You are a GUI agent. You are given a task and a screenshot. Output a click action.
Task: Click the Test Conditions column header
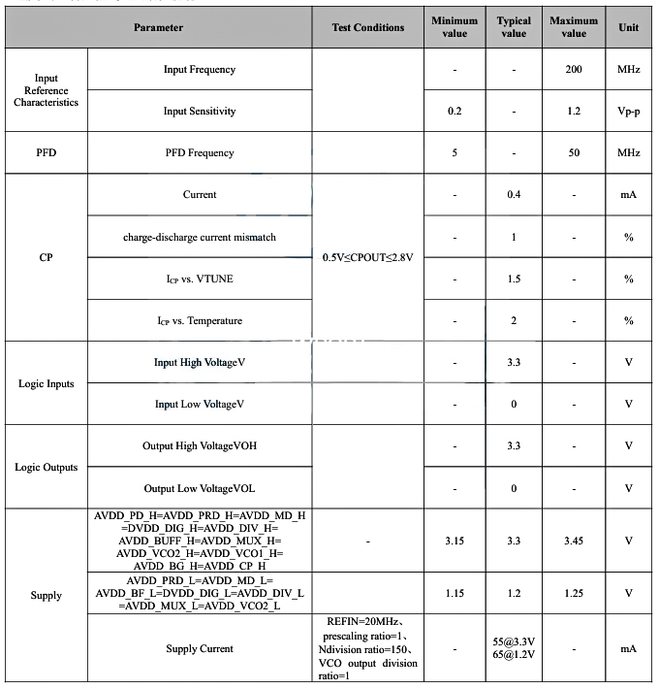pos(367,27)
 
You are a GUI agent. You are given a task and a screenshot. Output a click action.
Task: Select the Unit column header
pos(628,27)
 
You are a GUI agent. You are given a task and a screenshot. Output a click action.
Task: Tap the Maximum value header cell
pos(574,27)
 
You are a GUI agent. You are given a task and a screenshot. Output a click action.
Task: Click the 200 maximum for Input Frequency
pos(574,70)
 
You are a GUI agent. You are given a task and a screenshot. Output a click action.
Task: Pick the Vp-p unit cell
pos(628,112)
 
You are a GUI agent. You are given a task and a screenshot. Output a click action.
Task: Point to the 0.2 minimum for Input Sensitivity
pos(455,112)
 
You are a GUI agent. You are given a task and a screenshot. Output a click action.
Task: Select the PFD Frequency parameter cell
pos(199,152)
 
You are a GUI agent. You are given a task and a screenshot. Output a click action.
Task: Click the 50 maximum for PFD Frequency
pos(574,152)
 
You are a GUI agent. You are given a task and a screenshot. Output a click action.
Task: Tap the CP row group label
pos(47,257)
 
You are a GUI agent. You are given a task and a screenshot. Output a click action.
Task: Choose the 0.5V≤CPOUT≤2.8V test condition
pos(367,257)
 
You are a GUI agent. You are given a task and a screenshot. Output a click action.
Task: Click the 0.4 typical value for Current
pos(514,195)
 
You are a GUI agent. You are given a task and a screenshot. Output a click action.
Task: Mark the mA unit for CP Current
pos(628,195)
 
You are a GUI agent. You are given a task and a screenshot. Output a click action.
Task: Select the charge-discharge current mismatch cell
pos(199,237)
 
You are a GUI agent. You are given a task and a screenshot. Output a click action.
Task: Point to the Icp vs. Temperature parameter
pos(199,320)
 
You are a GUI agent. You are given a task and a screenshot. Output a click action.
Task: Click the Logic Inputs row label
pos(47,383)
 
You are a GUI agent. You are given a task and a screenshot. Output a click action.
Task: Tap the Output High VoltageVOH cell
pos(199,445)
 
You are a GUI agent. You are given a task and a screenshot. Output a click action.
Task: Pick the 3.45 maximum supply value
pos(574,540)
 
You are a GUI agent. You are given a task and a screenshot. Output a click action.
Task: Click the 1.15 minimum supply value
pos(455,592)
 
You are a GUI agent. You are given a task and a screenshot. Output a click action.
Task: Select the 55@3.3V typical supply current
pos(514,642)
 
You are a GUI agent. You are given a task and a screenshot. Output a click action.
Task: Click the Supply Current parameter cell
pos(199,648)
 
